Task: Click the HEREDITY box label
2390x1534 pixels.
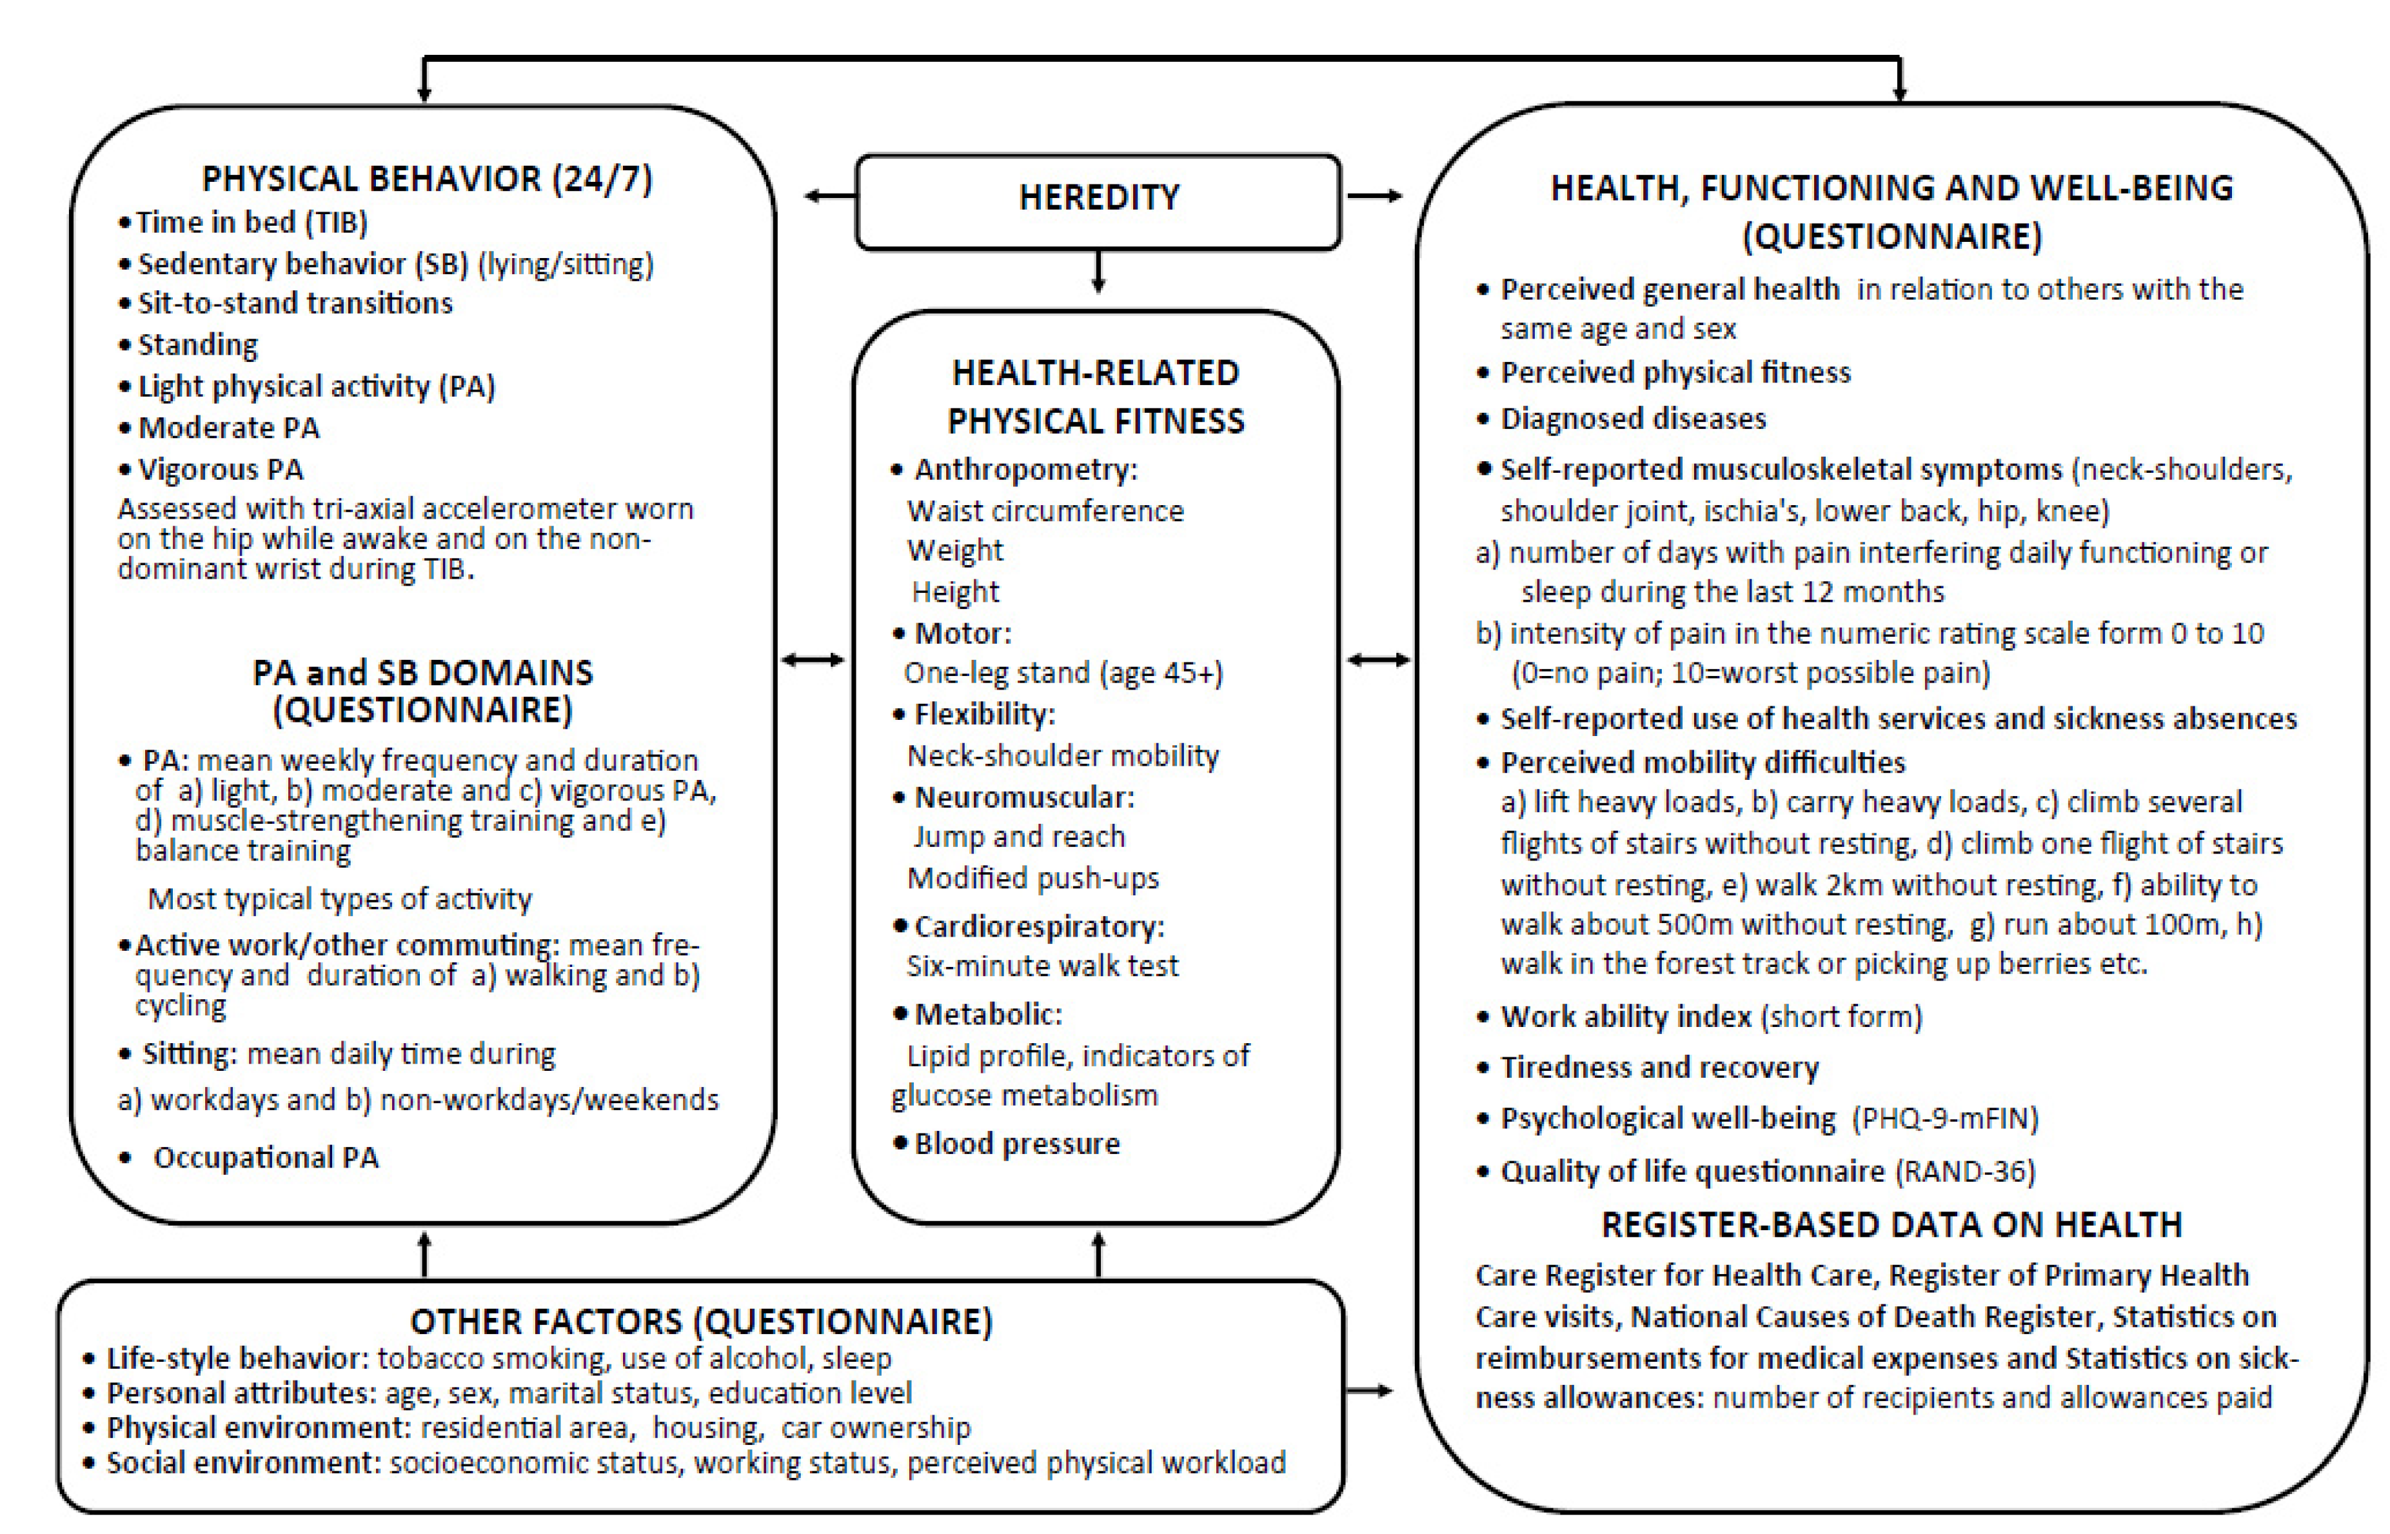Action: click(1098, 197)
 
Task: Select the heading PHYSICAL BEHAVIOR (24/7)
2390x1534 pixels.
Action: click(427, 179)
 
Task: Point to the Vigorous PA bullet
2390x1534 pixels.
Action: click(220, 469)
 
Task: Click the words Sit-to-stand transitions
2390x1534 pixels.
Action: click(295, 303)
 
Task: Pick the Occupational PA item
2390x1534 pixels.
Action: click(265, 1157)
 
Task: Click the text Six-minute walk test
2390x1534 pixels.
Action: click(1042, 965)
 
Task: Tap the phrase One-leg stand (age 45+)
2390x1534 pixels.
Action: click(1063, 673)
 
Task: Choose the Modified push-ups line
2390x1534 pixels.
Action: click(1032, 877)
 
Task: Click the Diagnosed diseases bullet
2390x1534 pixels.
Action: click(1633, 419)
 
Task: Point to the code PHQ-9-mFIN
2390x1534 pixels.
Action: click(1945, 1119)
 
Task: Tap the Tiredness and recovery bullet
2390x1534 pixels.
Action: click(1659, 1068)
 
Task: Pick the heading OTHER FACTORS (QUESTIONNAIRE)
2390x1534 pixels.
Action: click(701, 1321)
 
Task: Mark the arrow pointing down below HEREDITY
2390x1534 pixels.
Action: click(1098, 272)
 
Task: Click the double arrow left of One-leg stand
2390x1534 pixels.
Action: click(813, 659)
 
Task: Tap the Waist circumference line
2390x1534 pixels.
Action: click(1045, 511)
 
